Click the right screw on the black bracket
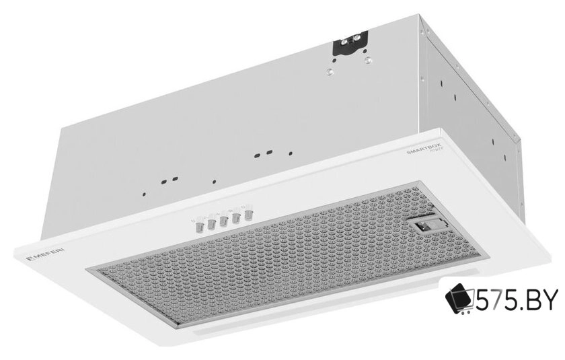click(359, 41)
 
